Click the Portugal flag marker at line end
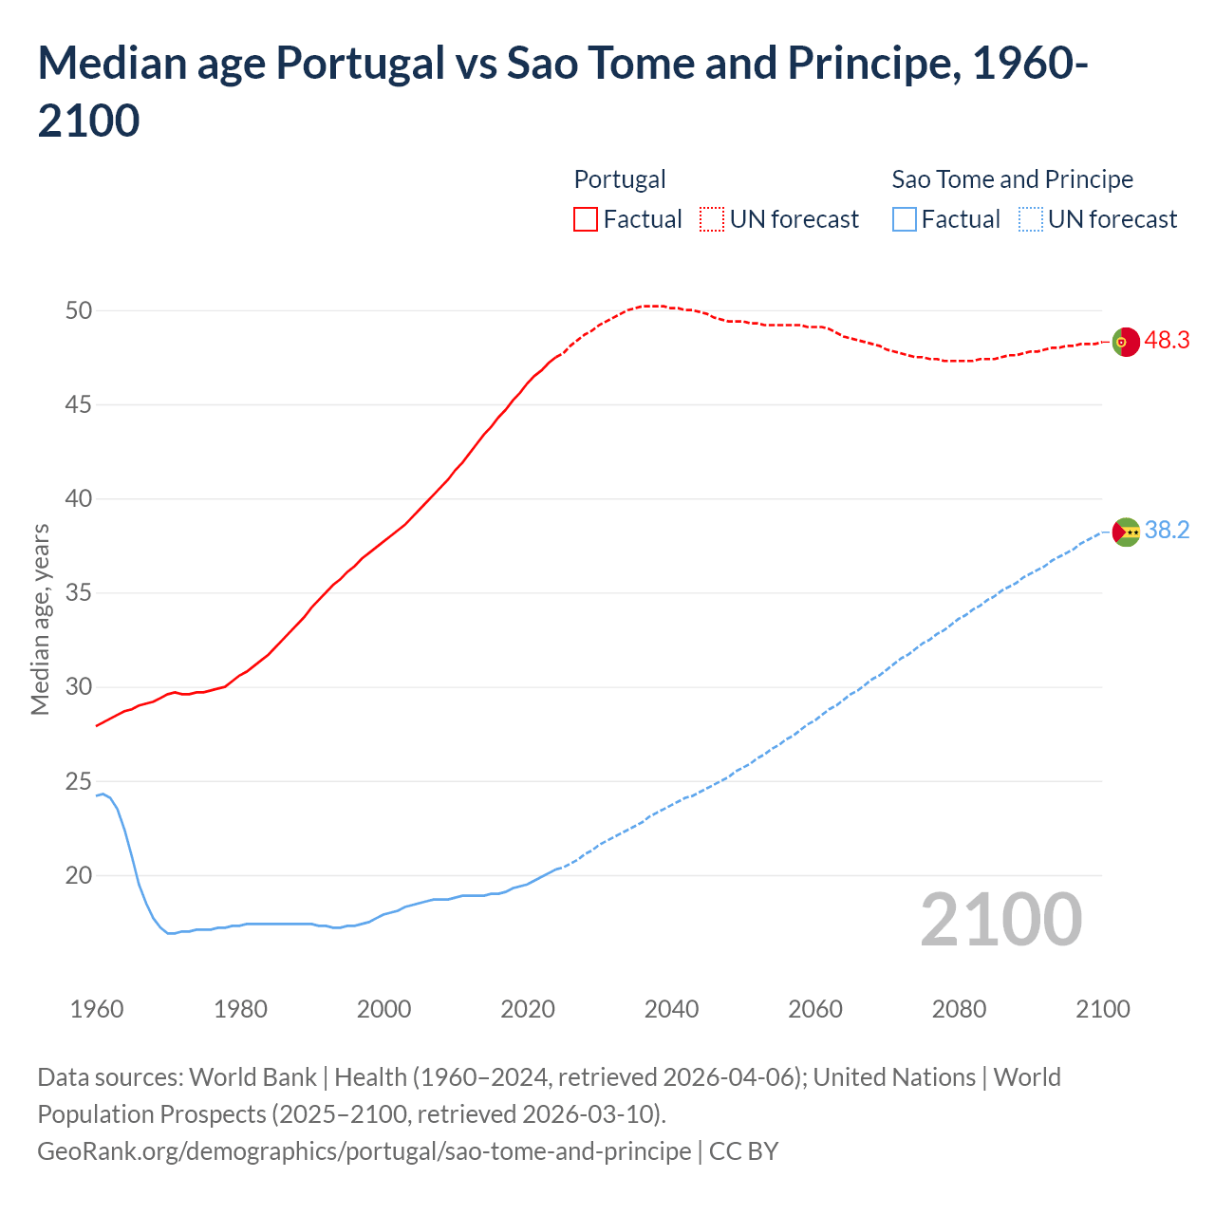point(1125,342)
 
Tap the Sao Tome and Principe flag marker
point(1126,532)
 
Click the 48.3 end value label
point(1167,340)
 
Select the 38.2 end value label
point(1167,530)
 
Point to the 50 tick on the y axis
point(79,310)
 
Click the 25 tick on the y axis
point(79,781)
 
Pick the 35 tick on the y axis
point(79,593)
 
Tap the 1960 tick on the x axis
point(97,1009)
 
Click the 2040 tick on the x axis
point(671,1009)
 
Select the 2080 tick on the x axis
point(959,1009)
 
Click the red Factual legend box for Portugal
point(586,219)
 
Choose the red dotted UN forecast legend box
point(712,219)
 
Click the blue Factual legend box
point(905,219)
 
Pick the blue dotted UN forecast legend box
point(1031,219)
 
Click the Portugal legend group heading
point(620,179)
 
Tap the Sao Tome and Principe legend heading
point(1012,179)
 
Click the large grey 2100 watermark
point(1000,919)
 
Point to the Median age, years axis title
point(40,619)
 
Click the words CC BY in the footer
point(744,1151)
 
